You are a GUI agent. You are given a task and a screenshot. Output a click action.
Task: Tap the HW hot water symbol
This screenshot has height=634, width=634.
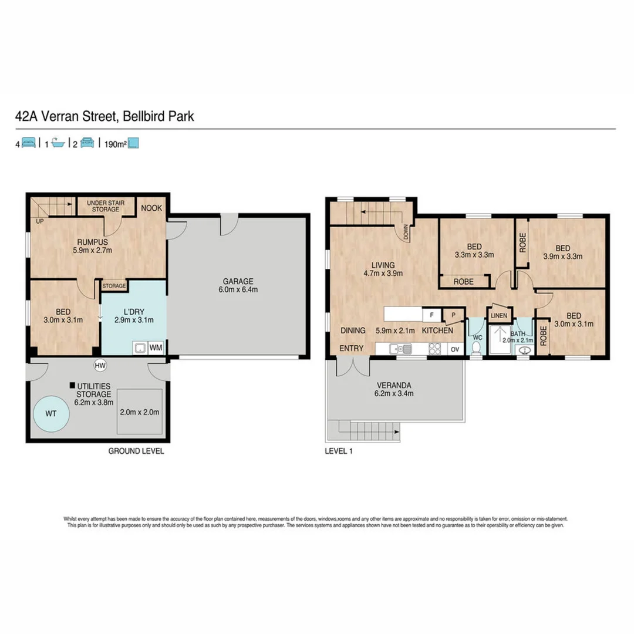[100, 365]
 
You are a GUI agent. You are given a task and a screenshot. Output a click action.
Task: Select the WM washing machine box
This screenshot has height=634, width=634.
[156, 348]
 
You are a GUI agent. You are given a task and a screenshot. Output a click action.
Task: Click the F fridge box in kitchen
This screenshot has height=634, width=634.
[430, 314]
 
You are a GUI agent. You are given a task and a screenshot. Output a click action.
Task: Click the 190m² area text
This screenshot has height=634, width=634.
[113, 143]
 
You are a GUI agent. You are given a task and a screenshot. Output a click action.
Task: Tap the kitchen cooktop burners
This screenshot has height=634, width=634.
[435, 349]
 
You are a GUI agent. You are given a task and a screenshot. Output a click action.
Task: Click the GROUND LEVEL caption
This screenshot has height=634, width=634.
[136, 451]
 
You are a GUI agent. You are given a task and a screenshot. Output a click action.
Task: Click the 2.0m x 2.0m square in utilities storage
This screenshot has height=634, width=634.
[139, 412]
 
